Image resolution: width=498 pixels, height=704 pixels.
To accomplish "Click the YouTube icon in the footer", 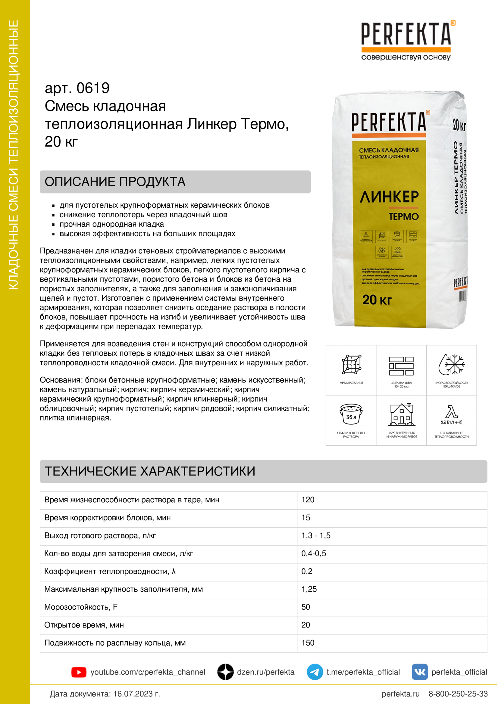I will tap(79, 672).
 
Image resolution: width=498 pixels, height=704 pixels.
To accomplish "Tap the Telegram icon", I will tap(315, 672).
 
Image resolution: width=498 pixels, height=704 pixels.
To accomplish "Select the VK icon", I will tap(419, 672).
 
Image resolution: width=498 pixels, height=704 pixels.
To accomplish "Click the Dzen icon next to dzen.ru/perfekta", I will tap(225, 672).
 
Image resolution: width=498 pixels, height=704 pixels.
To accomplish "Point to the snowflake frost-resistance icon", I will tap(451, 364).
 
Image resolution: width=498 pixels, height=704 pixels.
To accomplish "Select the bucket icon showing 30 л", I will tap(351, 414).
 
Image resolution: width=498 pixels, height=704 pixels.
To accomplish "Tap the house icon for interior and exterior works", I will tap(401, 414).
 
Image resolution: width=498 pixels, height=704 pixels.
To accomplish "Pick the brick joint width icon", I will tap(401, 366).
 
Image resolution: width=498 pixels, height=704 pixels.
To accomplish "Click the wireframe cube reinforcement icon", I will tap(351, 364).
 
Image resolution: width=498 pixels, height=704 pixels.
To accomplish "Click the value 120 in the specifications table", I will tap(308, 500).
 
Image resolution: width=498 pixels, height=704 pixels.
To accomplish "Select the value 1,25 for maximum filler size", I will tap(309, 589).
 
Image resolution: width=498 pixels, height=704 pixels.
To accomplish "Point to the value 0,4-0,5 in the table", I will tap(314, 554).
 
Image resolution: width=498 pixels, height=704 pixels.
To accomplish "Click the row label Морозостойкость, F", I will tap(81, 607).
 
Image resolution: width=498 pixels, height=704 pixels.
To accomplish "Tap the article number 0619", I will tap(93, 88).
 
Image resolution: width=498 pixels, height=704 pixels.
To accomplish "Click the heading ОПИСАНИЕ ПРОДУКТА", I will tap(115, 181).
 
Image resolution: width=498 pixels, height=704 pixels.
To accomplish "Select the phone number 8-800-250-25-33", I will tap(458, 694).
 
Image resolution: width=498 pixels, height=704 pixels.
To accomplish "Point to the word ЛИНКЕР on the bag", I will tap(389, 197).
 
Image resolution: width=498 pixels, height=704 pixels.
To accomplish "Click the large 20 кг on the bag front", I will tap(377, 300).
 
